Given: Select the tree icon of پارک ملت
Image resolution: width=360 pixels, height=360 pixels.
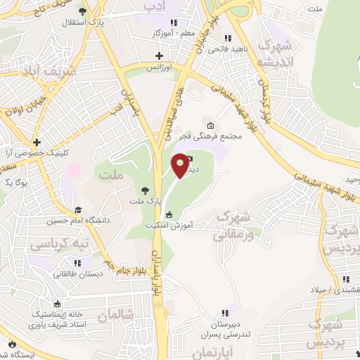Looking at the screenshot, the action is click(145, 190).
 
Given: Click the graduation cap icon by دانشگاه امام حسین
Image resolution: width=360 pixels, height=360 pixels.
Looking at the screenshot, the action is click(78, 210).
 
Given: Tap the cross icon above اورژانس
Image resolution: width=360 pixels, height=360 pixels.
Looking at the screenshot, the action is click(159, 56).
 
